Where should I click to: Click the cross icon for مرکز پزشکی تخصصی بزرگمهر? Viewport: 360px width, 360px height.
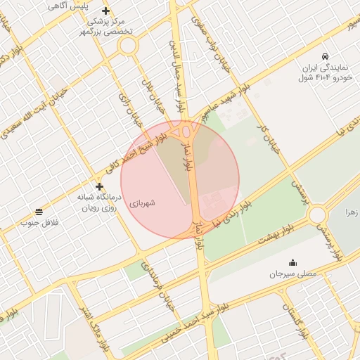(x=106, y=11)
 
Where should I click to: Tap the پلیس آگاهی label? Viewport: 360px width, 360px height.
(x=68, y=6)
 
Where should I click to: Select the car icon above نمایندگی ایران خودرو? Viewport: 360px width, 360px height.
(x=324, y=56)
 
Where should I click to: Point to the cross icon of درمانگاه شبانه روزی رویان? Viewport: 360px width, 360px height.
(x=99, y=187)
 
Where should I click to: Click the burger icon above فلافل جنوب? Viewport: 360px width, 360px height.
(x=38, y=212)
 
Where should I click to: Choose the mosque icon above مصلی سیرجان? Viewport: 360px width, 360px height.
(x=292, y=262)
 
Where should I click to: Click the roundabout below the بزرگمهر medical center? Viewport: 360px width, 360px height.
(x=127, y=46)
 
